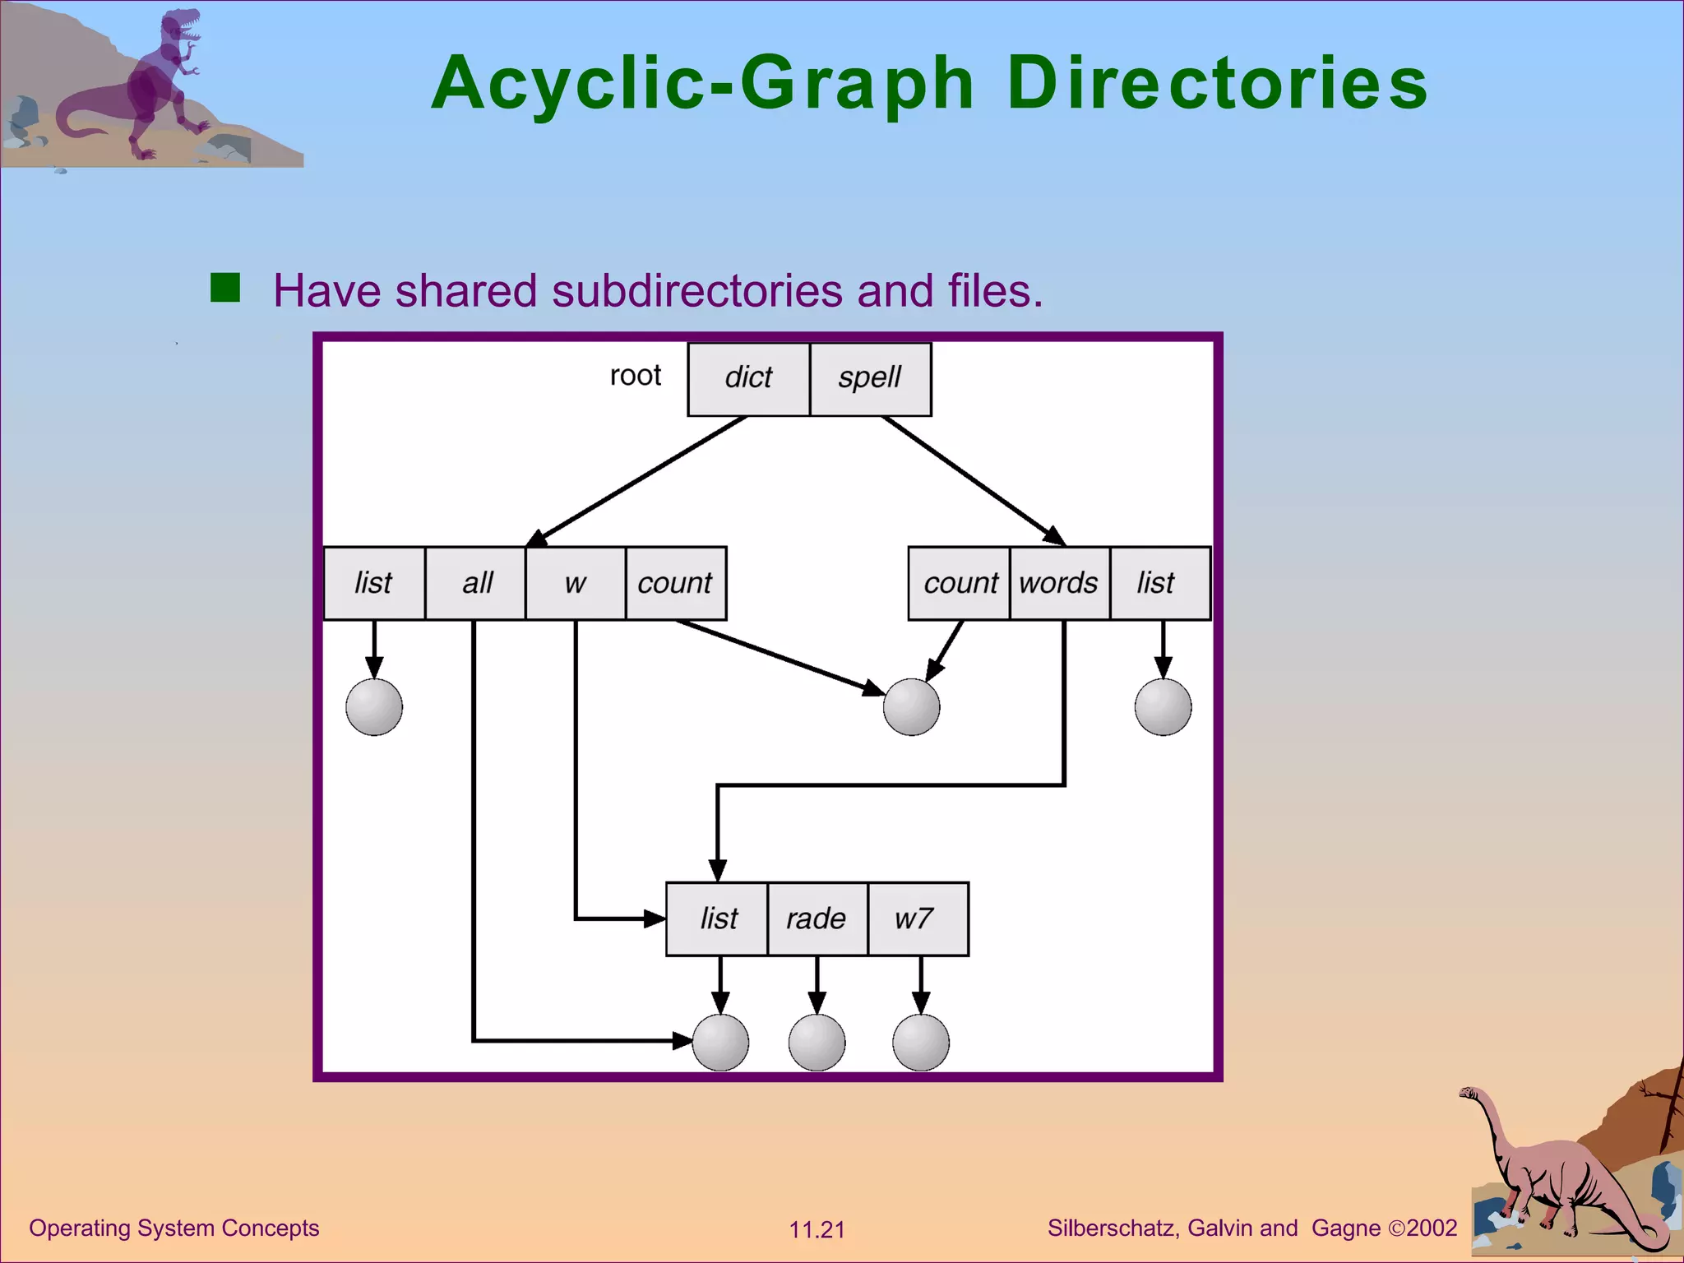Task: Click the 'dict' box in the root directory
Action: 748,379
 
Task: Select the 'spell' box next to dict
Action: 870,379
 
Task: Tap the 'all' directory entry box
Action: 475,583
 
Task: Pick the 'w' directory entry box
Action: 576,583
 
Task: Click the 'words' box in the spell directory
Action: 1059,583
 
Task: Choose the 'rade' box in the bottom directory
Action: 817,918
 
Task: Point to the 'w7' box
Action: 917,918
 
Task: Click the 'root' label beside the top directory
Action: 636,376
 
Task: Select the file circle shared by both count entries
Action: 911,706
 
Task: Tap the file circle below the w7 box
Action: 921,1042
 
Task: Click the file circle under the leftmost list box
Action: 374,706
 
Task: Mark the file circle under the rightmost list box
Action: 1163,706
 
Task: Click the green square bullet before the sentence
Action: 225,288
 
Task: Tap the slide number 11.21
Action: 817,1230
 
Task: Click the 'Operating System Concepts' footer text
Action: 174,1228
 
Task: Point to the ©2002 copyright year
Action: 1423,1228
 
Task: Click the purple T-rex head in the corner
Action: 181,25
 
